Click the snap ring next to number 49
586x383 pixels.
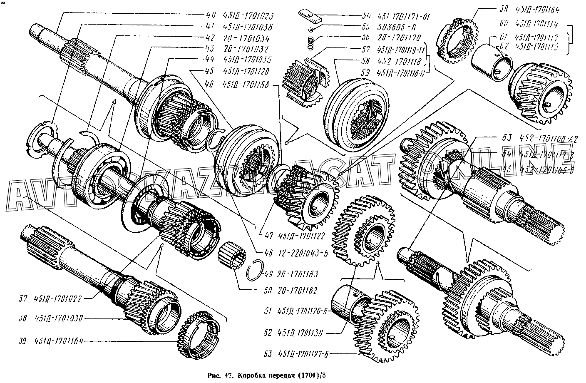(256, 271)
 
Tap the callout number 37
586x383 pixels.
(23, 298)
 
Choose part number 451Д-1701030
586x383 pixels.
(59, 318)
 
